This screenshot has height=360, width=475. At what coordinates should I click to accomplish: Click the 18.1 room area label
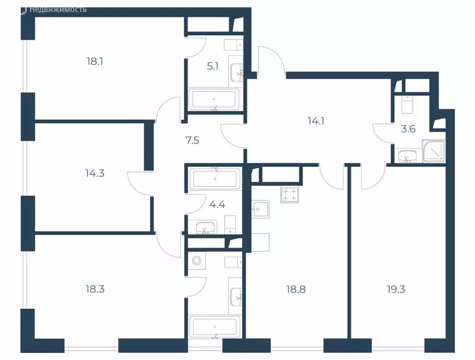(94, 61)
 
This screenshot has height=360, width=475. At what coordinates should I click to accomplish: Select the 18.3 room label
(95, 289)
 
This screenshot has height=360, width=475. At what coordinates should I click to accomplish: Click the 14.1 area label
(317, 120)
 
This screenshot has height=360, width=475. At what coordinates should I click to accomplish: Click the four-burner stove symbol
(289, 195)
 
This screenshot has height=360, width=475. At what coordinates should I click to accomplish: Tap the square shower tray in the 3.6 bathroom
(434, 151)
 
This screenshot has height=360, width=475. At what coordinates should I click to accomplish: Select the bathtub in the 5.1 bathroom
(214, 100)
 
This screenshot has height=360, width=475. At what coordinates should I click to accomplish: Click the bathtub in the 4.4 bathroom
(214, 179)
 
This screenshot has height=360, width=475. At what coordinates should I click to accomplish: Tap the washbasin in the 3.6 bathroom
(406, 156)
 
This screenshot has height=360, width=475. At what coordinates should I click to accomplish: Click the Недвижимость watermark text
(57, 9)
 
